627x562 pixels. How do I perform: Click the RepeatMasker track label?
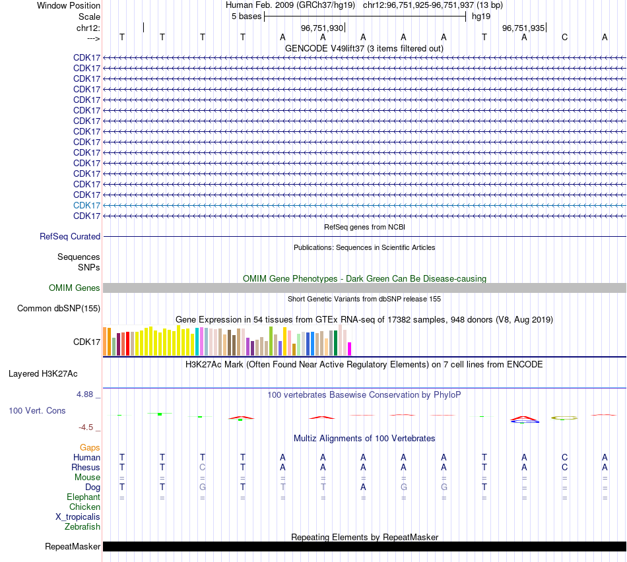[x=73, y=546]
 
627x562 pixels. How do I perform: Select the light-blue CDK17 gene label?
[x=86, y=205]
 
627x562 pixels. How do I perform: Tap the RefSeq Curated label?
[x=70, y=236]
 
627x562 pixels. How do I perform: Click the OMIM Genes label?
[x=75, y=288]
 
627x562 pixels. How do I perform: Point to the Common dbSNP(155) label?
[x=59, y=308]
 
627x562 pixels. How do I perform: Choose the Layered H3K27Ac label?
[x=43, y=373]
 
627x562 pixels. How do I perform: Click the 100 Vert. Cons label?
[x=37, y=410]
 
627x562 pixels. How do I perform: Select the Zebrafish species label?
[x=82, y=526]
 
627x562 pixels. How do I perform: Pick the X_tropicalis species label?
[x=78, y=516]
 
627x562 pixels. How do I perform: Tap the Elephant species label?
[x=83, y=497]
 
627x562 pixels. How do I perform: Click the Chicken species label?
[x=84, y=507]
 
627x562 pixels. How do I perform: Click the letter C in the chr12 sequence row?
[x=564, y=37]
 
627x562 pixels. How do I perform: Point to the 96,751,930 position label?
[x=322, y=28]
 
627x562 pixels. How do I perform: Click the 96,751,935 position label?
[x=523, y=28]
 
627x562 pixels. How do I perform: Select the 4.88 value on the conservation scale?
[x=86, y=394]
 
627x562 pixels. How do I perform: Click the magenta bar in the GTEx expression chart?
[x=350, y=349]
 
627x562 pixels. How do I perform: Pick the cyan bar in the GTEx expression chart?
[x=197, y=342]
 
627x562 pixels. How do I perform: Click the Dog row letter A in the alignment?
[x=363, y=487]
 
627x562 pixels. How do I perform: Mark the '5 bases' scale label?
[x=246, y=16]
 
